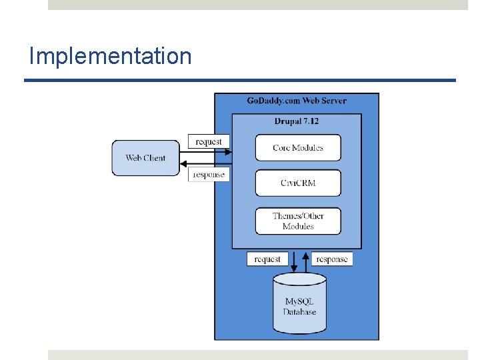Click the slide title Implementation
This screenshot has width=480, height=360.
point(110,56)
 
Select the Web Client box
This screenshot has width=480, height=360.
point(145,158)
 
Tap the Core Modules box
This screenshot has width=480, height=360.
point(298,148)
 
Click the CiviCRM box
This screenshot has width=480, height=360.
point(298,183)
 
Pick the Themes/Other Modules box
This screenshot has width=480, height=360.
point(298,221)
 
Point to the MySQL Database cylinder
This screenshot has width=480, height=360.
point(299,305)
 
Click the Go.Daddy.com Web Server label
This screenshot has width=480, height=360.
point(297,101)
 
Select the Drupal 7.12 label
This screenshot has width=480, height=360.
point(297,121)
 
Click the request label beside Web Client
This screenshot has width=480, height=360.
point(209,141)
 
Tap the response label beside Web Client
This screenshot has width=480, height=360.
point(209,175)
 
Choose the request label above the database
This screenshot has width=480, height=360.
point(267,259)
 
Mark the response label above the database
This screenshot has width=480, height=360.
point(332,259)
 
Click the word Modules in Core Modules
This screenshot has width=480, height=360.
point(310,148)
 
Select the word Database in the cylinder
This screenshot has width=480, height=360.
point(299,312)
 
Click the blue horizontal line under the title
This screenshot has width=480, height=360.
point(240,81)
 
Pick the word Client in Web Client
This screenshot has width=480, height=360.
point(155,158)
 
